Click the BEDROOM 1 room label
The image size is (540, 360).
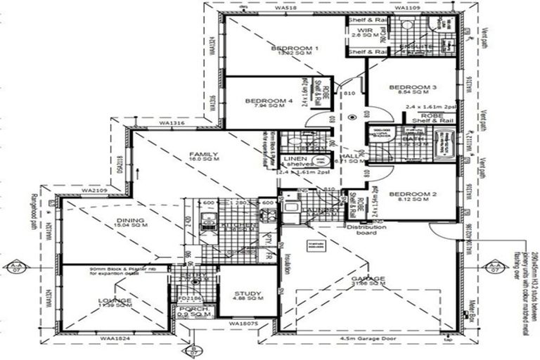pyautogui.click(x=295, y=48)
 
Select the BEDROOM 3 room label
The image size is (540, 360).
pyautogui.click(x=413, y=87)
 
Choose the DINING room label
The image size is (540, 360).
pyautogui.click(x=131, y=221)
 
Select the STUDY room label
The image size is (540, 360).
pyautogui.click(x=247, y=294)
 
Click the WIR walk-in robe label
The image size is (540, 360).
pyautogui.click(x=364, y=31)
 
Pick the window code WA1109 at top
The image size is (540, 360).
pyautogui.click(x=407, y=7)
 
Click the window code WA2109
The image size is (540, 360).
pyautogui.click(x=94, y=190)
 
